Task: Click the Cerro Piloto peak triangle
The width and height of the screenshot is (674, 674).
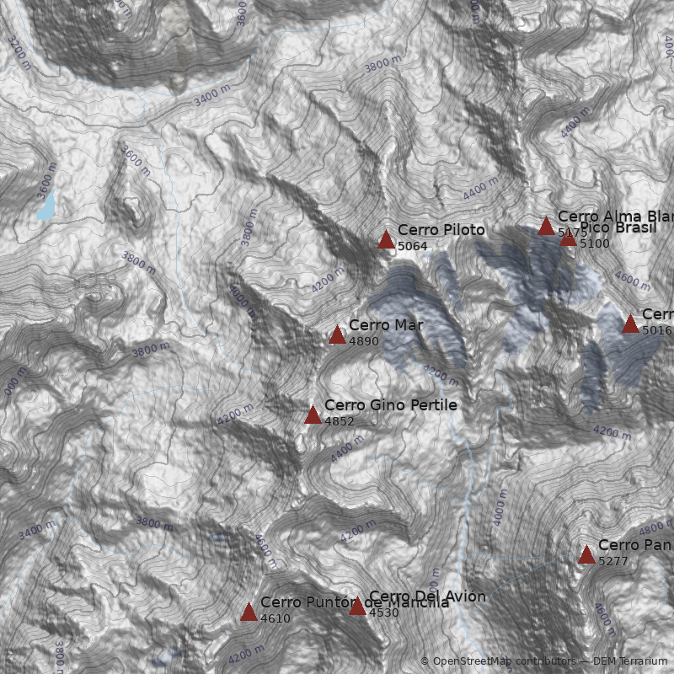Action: coord(386,240)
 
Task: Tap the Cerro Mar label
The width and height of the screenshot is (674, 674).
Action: coord(386,325)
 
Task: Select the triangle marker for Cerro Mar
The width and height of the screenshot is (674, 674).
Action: coord(337,335)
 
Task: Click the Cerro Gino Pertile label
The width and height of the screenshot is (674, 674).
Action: coord(390,405)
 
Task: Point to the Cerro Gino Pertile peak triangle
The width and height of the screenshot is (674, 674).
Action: coord(313,415)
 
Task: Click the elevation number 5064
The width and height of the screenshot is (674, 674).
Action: coord(413,246)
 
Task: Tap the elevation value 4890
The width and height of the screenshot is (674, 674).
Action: coord(364,341)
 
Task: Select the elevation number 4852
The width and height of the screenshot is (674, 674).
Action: coord(340,421)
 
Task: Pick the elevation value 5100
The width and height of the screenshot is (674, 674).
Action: coord(595,243)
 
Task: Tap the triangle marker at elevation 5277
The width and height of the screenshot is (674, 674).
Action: coord(586,554)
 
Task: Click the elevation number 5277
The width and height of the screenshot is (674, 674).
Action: coord(613,560)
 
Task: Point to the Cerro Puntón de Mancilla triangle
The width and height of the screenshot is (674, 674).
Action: coord(249,612)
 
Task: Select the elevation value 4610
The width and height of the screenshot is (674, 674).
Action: coord(275,618)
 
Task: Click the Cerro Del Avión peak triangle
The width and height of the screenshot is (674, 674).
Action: coord(357,606)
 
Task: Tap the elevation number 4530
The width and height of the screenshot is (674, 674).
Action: coord(384,612)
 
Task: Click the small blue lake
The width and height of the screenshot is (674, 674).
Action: coord(45,205)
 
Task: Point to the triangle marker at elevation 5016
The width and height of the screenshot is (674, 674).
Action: coord(630,324)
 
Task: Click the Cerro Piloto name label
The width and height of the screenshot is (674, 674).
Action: coord(441,230)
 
